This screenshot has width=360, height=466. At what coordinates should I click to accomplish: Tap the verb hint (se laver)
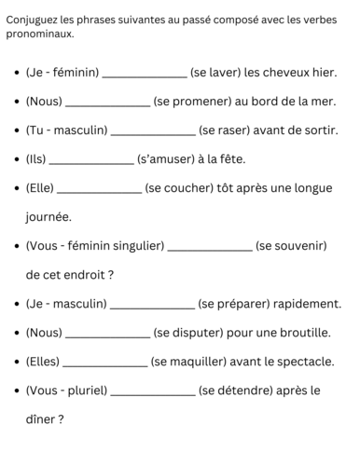(220, 72)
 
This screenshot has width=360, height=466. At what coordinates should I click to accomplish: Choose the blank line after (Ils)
(96, 164)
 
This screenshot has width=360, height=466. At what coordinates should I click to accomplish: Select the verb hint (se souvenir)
(290, 246)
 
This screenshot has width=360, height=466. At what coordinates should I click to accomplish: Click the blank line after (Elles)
(104, 366)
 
